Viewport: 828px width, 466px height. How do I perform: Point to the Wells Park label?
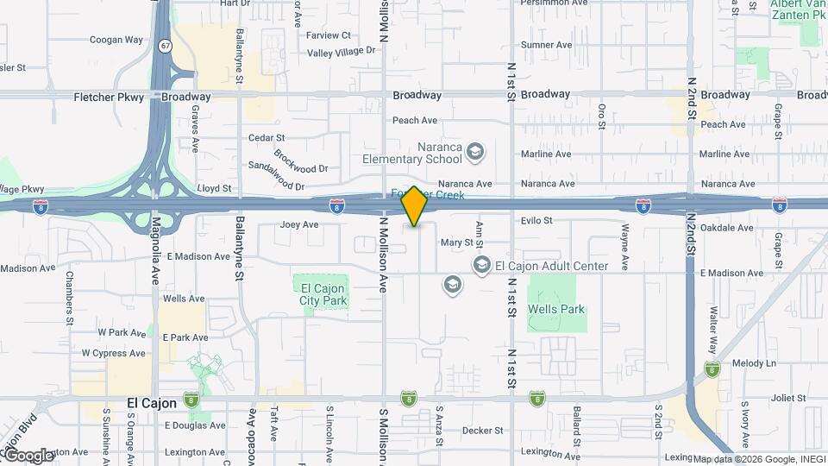tap(556, 309)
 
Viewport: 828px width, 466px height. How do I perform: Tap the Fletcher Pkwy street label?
tap(108, 97)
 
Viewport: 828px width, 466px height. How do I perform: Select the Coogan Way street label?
tap(116, 40)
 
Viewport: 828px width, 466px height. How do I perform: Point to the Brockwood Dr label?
tap(301, 162)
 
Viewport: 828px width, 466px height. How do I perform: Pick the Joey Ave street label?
tap(299, 225)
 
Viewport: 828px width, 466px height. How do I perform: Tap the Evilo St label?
tap(536, 221)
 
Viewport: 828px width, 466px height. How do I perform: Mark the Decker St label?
tap(482, 431)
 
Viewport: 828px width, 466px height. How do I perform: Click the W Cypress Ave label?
tap(113, 353)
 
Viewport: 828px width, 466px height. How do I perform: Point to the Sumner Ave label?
tap(546, 45)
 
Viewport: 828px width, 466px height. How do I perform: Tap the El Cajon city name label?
tap(152, 403)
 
